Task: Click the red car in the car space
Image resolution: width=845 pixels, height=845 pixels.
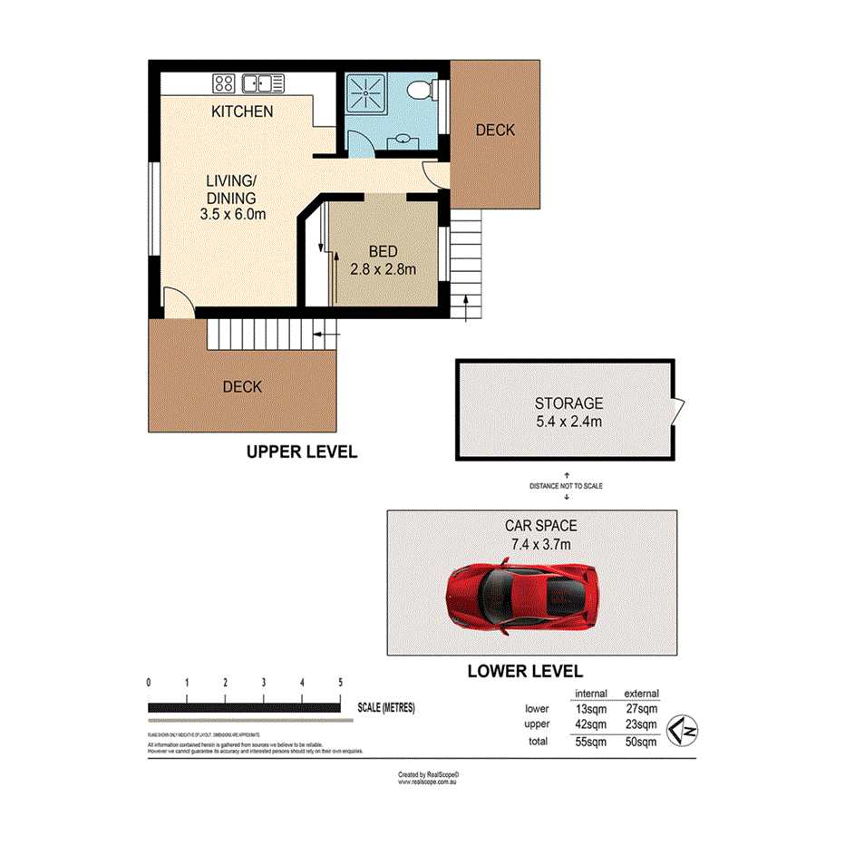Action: [x=522, y=598]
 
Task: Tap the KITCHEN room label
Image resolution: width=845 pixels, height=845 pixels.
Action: [x=241, y=112]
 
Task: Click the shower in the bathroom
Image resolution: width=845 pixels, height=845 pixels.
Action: [x=367, y=92]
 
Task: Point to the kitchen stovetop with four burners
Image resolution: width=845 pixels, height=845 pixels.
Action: [x=224, y=84]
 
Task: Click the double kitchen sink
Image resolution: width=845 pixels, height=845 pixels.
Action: [x=264, y=84]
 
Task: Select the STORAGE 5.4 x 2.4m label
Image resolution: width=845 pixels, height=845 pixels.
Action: [x=568, y=413]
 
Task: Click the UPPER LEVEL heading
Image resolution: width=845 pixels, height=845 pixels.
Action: [x=302, y=452]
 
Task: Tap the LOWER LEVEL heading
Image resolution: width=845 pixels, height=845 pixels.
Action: [x=524, y=672]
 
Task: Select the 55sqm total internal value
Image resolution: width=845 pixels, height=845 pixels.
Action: [x=591, y=742]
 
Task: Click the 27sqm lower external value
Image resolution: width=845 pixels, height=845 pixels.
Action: [x=641, y=708]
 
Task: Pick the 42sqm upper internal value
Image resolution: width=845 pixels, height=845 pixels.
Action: [x=591, y=724]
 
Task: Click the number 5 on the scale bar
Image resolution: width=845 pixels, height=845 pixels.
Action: [x=340, y=683]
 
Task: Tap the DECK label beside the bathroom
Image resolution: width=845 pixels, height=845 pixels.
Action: [x=495, y=131]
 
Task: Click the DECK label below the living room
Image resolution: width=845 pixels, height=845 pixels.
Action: [x=242, y=387]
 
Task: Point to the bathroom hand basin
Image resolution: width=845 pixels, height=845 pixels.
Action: [x=400, y=141]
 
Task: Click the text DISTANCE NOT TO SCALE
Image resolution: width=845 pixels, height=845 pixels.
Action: [x=566, y=487]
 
